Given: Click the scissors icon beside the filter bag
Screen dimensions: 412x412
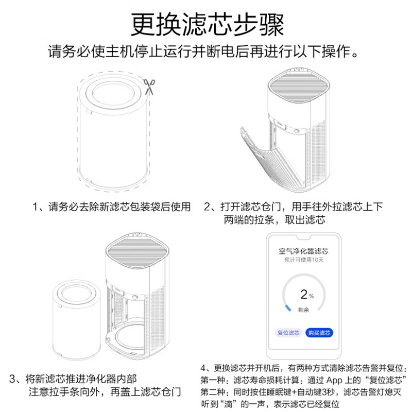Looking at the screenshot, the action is pyautogui.click(x=149, y=86).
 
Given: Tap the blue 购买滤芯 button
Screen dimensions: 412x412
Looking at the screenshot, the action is pyautogui.click(x=319, y=333).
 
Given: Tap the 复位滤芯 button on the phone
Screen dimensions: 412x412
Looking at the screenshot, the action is pyautogui.click(x=288, y=333).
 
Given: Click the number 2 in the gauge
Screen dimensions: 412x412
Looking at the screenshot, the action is pyautogui.click(x=304, y=294).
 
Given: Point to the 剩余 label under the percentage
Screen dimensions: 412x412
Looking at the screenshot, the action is pyautogui.click(x=303, y=310).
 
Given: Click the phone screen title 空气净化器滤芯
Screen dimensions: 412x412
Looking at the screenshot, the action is pyautogui.click(x=303, y=251).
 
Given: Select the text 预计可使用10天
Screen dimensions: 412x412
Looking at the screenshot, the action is pyautogui.click(x=304, y=260).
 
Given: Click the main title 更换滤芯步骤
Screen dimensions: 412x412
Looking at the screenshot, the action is pyautogui.click(x=208, y=25).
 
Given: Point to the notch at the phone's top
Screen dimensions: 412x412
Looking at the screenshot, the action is pyautogui.click(x=304, y=237).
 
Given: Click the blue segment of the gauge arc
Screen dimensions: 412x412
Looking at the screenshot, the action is pyautogui.click(x=288, y=307).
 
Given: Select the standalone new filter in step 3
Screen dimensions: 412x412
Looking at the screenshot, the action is pyautogui.click(x=76, y=319).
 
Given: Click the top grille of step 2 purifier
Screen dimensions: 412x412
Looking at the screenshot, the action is pyautogui.click(x=298, y=85).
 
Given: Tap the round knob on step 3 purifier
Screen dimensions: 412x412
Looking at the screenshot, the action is pyautogui.click(x=135, y=298).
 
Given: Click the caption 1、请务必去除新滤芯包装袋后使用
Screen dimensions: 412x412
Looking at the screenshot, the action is pyautogui.click(x=111, y=207).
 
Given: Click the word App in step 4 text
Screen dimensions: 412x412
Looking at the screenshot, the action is pyautogui.click(x=334, y=380).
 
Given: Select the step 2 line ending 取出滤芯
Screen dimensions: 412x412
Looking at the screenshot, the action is pyautogui.click(x=274, y=220).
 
